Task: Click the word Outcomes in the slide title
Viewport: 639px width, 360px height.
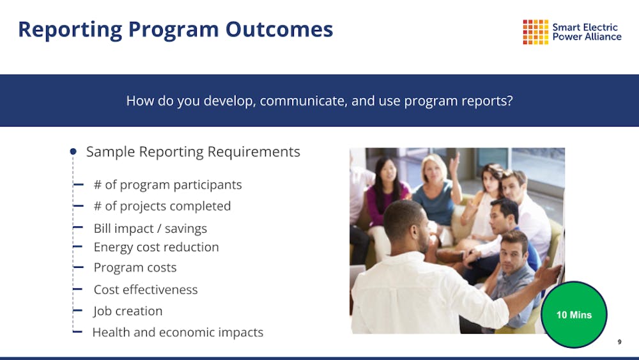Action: point(279,29)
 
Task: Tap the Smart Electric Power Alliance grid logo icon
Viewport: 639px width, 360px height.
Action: point(535,32)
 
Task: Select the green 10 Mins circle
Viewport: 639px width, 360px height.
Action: point(574,315)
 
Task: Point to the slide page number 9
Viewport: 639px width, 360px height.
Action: point(619,342)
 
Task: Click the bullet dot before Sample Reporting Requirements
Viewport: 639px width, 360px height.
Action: point(73,152)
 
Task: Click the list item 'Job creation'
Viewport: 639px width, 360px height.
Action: point(128,311)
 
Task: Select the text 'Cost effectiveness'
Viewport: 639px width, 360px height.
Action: point(146,290)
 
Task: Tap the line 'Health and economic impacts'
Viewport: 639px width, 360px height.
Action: point(178,333)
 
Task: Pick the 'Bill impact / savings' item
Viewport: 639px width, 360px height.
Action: point(150,228)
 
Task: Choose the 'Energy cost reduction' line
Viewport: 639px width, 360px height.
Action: point(156,247)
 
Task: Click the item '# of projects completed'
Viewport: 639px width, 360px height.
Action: point(162,206)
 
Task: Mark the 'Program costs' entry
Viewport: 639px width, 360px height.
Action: point(135,267)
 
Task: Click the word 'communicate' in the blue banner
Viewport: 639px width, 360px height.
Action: point(303,100)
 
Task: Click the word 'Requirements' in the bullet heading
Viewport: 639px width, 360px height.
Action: point(254,152)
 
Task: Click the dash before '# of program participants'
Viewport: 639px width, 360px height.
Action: point(78,185)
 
